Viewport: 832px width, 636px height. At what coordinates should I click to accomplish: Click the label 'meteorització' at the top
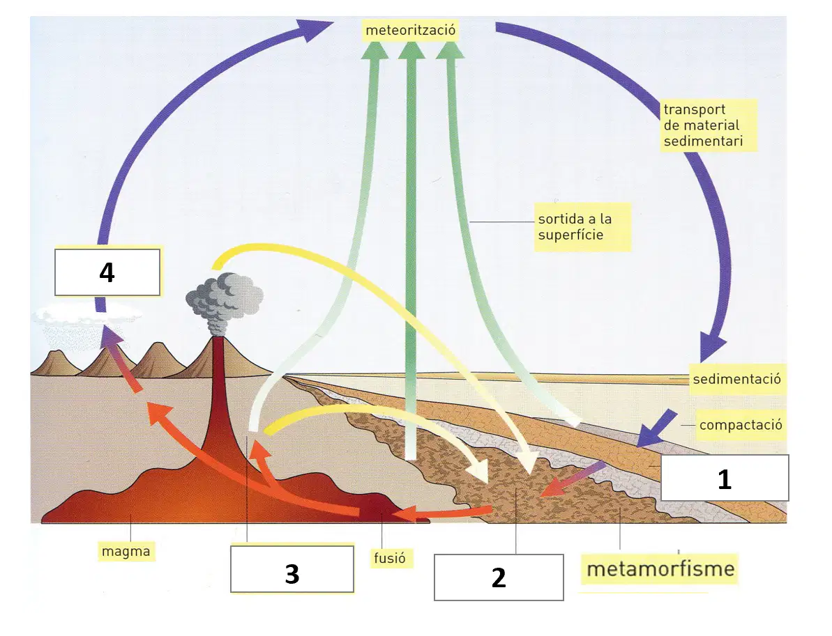tap(410, 30)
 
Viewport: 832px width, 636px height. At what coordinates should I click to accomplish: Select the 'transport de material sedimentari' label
tap(708, 125)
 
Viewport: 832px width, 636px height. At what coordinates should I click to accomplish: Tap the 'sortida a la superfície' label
tap(582, 227)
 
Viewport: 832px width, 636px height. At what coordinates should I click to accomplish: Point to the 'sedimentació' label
tap(737, 379)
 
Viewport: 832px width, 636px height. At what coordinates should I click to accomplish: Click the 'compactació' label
tap(740, 425)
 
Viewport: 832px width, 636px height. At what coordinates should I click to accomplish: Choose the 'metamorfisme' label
tap(660, 568)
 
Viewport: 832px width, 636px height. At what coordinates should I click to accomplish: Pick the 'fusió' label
tap(389, 557)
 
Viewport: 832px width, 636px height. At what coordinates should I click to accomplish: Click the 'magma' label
tap(126, 551)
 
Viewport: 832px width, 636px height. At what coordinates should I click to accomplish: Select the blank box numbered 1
tap(725, 478)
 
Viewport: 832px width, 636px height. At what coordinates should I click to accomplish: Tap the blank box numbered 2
tap(499, 577)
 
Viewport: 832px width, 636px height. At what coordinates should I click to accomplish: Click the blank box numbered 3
tap(292, 569)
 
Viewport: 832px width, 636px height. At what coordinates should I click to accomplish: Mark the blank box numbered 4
tap(107, 272)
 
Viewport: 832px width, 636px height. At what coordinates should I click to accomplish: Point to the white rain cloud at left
tap(85, 317)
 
